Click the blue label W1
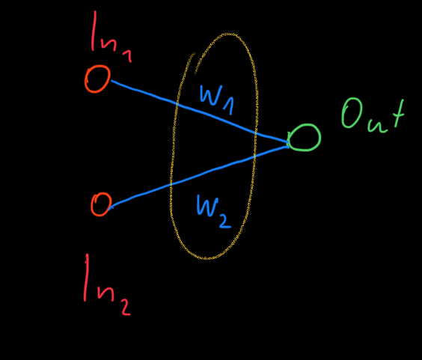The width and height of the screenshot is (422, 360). (x=217, y=100)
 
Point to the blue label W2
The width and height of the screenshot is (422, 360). (x=214, y=211)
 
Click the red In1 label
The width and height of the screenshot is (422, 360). (x=111, y=37)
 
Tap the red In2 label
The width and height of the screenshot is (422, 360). (x=107, y=284)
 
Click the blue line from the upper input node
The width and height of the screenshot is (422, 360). (x=199, y=111)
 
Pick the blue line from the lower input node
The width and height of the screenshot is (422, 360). (x=198, y=176)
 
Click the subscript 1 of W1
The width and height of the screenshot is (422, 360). (x=229, y=106)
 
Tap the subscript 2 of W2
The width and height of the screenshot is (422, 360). (x=225, y=220)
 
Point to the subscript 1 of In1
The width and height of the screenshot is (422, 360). (x=127, y=56)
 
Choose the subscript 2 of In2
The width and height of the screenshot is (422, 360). (x=126, y=307)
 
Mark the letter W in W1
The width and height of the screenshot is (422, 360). (x=211, y=95)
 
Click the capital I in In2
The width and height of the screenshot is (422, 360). (x=86, y=278)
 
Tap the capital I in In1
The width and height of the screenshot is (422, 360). (x=94, y=31)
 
